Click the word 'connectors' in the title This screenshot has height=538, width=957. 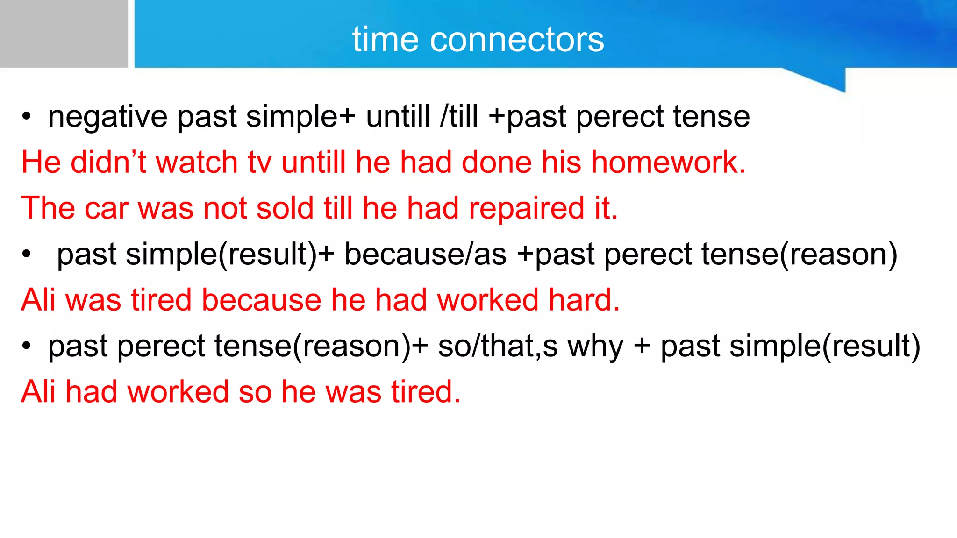pos(517,40)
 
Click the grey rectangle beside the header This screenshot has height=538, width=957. pos(64,34)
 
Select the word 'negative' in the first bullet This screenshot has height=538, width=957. pos(107,117)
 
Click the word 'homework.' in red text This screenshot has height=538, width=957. pos(668,163)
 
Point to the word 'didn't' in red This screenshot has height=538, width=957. pos(108,163)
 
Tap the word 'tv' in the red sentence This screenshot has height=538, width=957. pos(259,163)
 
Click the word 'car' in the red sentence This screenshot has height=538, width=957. pos(106,208)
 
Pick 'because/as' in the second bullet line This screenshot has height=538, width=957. pos(425,255)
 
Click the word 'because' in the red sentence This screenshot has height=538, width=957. pos(261,300)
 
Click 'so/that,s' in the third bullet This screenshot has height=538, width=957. pos(498,347)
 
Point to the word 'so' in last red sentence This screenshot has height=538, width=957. pos(255,392)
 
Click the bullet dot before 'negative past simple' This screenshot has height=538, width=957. pos(27,117)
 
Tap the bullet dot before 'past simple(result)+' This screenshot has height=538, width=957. pos(27,255)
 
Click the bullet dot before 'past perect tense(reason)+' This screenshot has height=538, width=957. pos(27,347)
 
